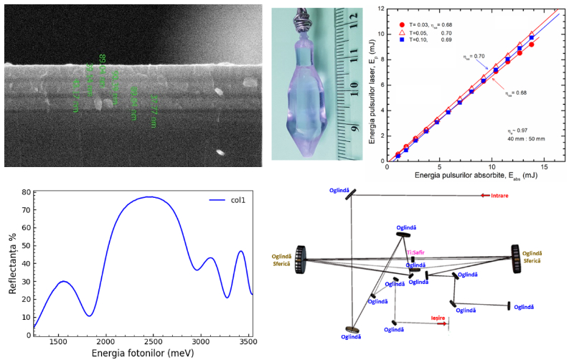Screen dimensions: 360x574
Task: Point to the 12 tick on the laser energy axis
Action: pyautogui.click(x=381, y=9)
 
